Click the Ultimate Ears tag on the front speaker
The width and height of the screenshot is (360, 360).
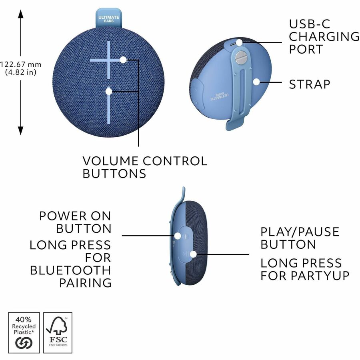pyautogui.click(x=108, y=19)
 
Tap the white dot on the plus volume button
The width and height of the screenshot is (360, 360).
pyautogui.click(x=123, y=60)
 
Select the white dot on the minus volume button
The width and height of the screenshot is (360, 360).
pyautogui.click(x=109, y=91)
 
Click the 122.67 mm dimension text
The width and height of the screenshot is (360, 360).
pyautogui.click(x=21, y=64)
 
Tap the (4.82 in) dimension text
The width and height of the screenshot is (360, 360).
pyautogui.click(x=21, y=73)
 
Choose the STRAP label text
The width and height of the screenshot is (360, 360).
pyautogui.click(x=310, y=84)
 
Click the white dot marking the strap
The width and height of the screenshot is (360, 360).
pyautogui.click(x=256, y=82)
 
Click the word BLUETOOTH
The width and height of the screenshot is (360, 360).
pyautogui.click(x=70, y=270)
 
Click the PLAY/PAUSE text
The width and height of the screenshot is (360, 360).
pyautogui.click(x=300, y=232)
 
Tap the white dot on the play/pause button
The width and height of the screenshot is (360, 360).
pyautogui.click(x=193, y=254)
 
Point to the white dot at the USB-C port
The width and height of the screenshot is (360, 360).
pyautogui.click(x=239, y=42)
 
